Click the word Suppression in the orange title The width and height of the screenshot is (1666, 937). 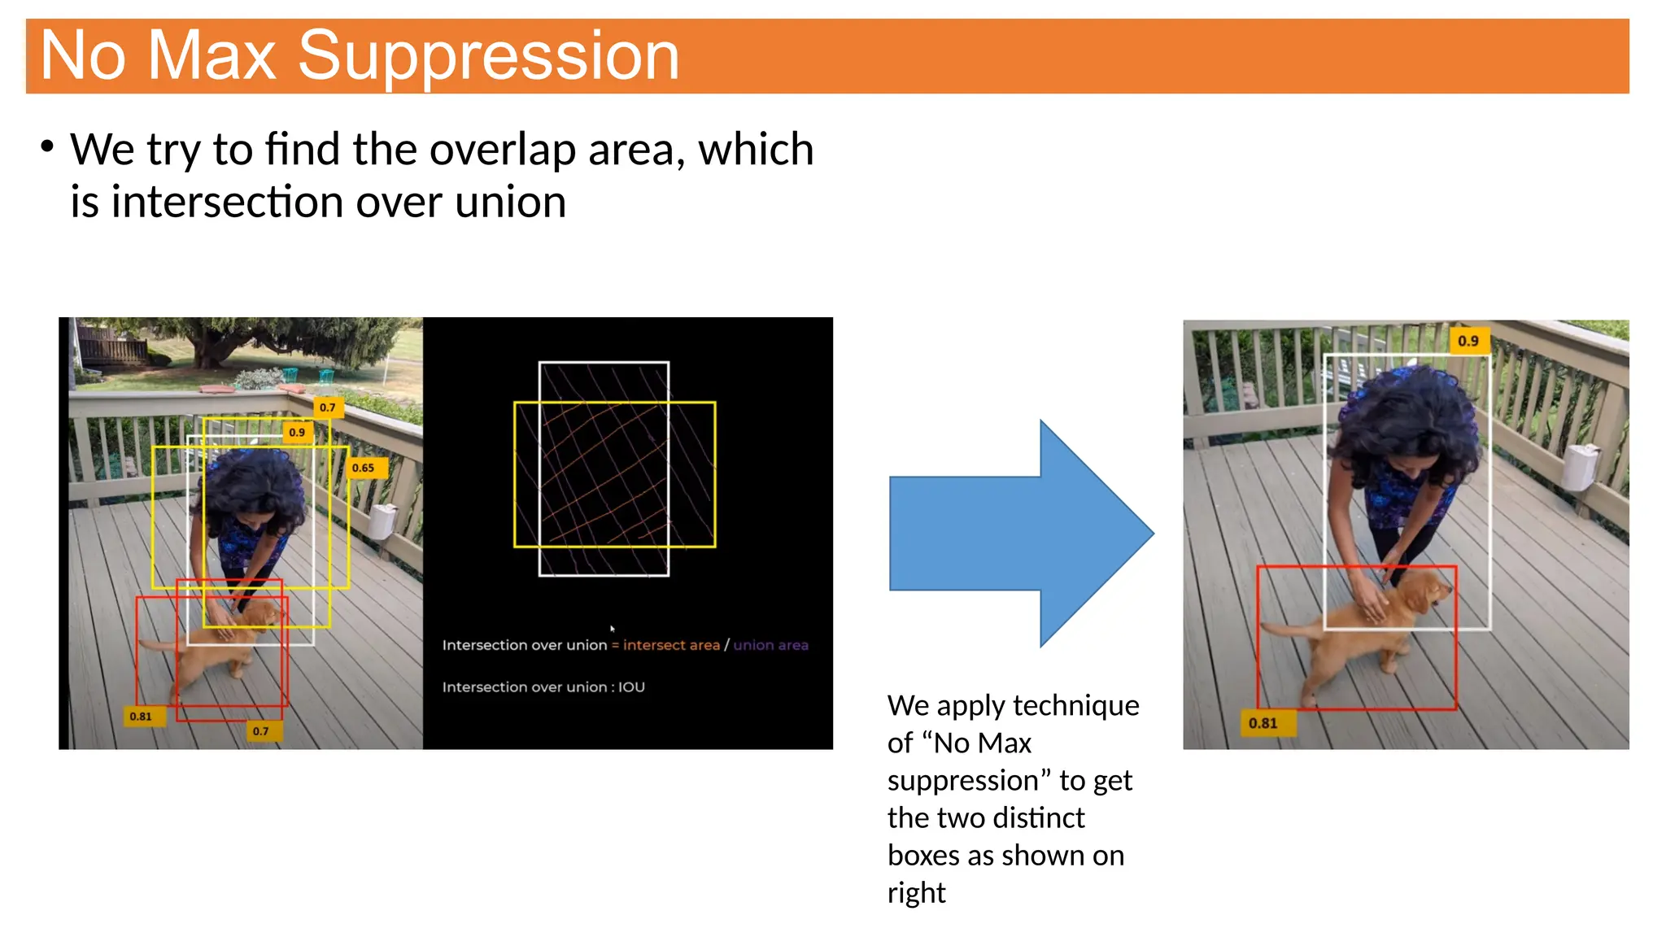(x=488, y=56)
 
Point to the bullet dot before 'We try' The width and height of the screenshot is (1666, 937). (x=47, y=146)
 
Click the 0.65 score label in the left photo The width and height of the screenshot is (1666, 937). (x=364, y=468)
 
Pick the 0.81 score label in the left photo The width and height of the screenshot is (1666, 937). (x=141, y=717)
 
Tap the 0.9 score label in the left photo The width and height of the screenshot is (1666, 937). (x=297, y=432)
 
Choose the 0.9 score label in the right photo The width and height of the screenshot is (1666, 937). (x=1468, y=341)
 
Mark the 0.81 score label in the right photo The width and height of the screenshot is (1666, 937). (x=1263, y=723)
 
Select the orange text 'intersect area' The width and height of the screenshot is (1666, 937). (x=671, y=645)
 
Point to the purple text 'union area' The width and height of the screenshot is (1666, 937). (x=770, y=645)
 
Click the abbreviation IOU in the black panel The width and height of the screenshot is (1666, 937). (x=631, y=687)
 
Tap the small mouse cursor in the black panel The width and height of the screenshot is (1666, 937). (x=612, y=629)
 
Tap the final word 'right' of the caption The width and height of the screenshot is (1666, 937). (x=916, y=893)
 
